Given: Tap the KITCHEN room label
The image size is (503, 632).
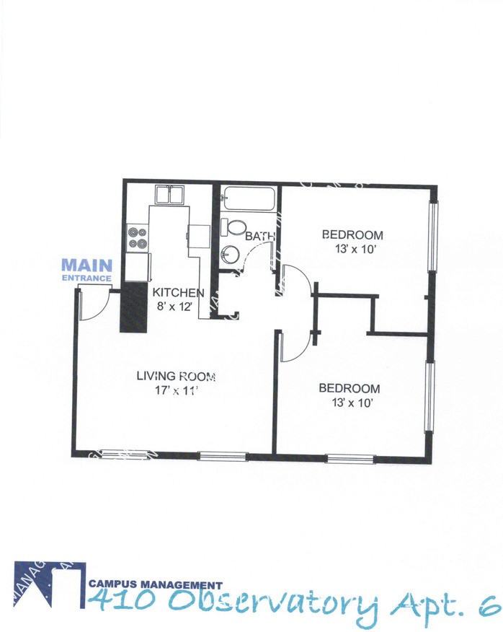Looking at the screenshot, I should coord(178,293).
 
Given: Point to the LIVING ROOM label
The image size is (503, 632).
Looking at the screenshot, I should coord(176,376).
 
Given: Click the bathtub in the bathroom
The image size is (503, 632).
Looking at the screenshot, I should coord(248,199).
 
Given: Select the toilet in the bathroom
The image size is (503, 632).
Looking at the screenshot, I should coord(233,227).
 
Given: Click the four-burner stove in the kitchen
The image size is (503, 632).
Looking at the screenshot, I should coord(137,238).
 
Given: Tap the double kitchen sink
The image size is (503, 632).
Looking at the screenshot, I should coord(170,196).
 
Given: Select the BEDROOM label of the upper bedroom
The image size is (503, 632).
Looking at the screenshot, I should coord(352,235).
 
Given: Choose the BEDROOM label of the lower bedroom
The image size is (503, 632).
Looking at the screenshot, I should coord(349,388).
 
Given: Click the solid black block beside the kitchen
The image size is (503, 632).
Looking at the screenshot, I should coord(133,307).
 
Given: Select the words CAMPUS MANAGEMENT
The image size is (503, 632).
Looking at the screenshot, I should coord(155,586).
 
